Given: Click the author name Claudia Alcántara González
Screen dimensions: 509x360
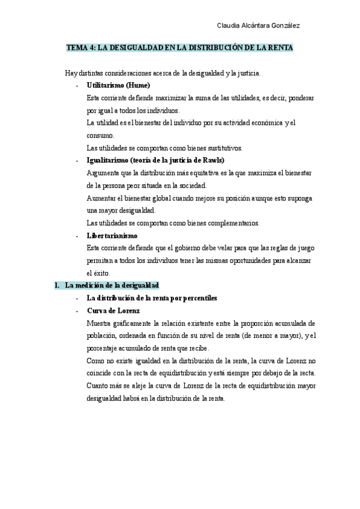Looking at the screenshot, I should [258, 25].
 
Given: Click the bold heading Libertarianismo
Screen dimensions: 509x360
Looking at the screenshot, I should [112, 235].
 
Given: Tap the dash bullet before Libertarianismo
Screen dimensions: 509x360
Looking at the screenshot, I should [77, 235].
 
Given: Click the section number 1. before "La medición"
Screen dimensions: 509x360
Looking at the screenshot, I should [57, 285].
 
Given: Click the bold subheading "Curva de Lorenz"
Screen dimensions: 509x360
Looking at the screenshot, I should [113, 310].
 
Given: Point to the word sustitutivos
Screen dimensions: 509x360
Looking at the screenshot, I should [224, 148].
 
